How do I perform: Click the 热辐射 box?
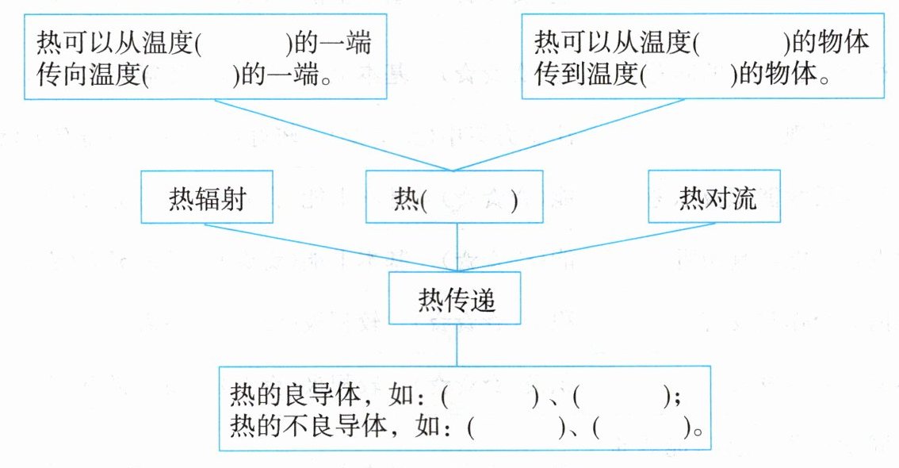click(x=206, y=198)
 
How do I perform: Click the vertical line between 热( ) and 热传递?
click(x=457, y=247)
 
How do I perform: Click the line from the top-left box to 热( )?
click(x=333, y=134)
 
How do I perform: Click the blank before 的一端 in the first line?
click(x=244, y=42)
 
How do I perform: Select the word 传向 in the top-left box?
click(x=62, y=77)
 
